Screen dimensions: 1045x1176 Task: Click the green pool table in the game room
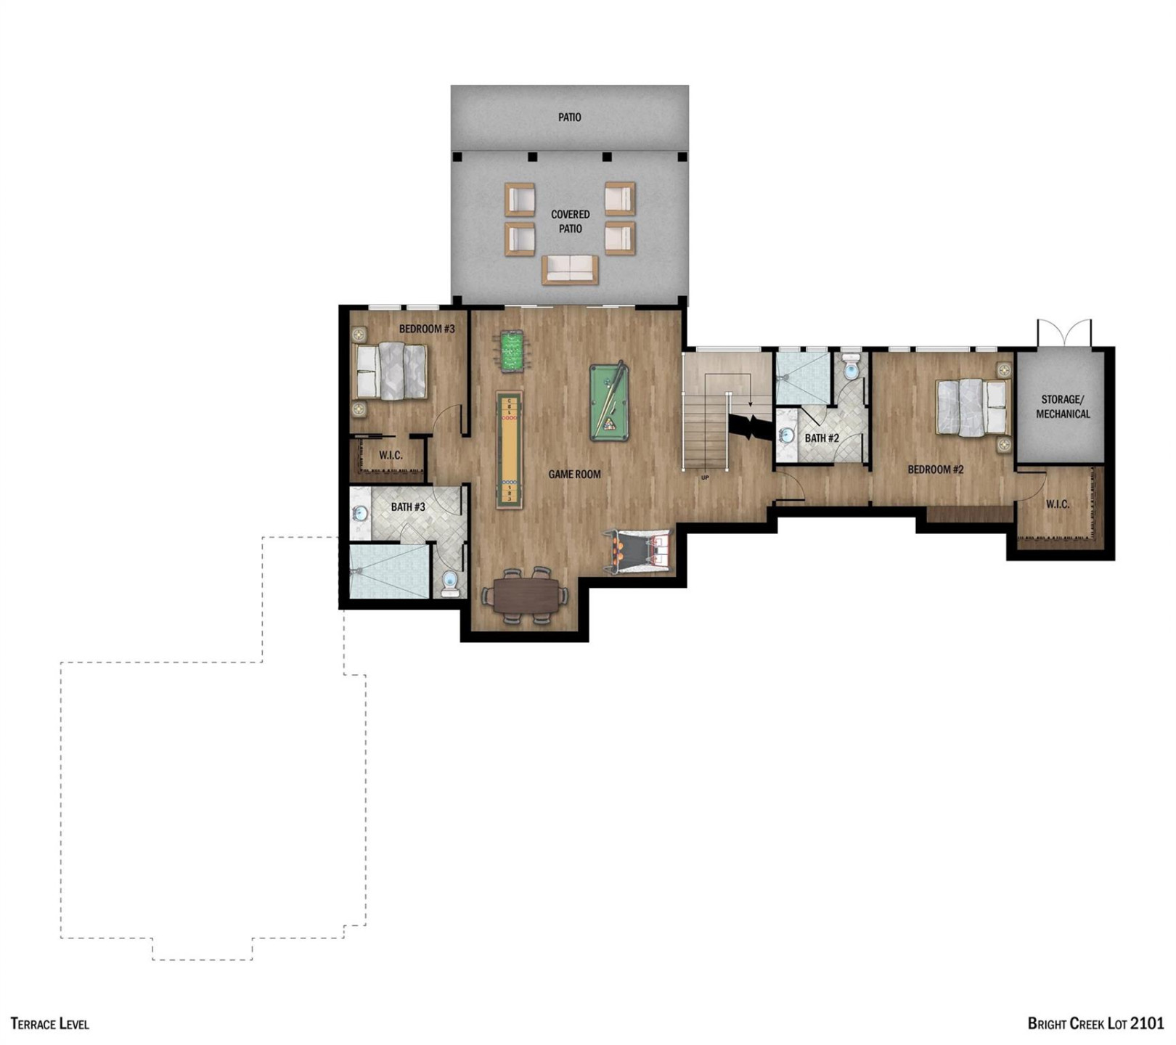coord(608,402)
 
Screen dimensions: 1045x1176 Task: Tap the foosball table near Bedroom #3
coord(512,352)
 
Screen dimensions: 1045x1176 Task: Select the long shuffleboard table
coord(509,450)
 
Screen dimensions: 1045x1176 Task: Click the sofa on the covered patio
coord(570,269)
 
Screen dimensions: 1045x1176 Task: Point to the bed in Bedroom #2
coord(972,407)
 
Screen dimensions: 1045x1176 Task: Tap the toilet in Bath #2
coord(851,369)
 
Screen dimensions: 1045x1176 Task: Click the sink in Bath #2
coord(786,436)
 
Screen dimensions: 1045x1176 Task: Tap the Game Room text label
coord(574,474)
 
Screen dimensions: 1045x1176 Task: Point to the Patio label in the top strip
coord(570,117)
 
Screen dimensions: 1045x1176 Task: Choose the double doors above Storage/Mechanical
coord(1064,334)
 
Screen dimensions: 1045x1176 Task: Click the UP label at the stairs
coord(705,478)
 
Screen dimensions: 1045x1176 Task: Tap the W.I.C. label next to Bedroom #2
coord(1058,504)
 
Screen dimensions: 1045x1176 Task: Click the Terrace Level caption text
coord(50,1024)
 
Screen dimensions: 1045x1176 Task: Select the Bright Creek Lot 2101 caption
coord(1095,1024)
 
